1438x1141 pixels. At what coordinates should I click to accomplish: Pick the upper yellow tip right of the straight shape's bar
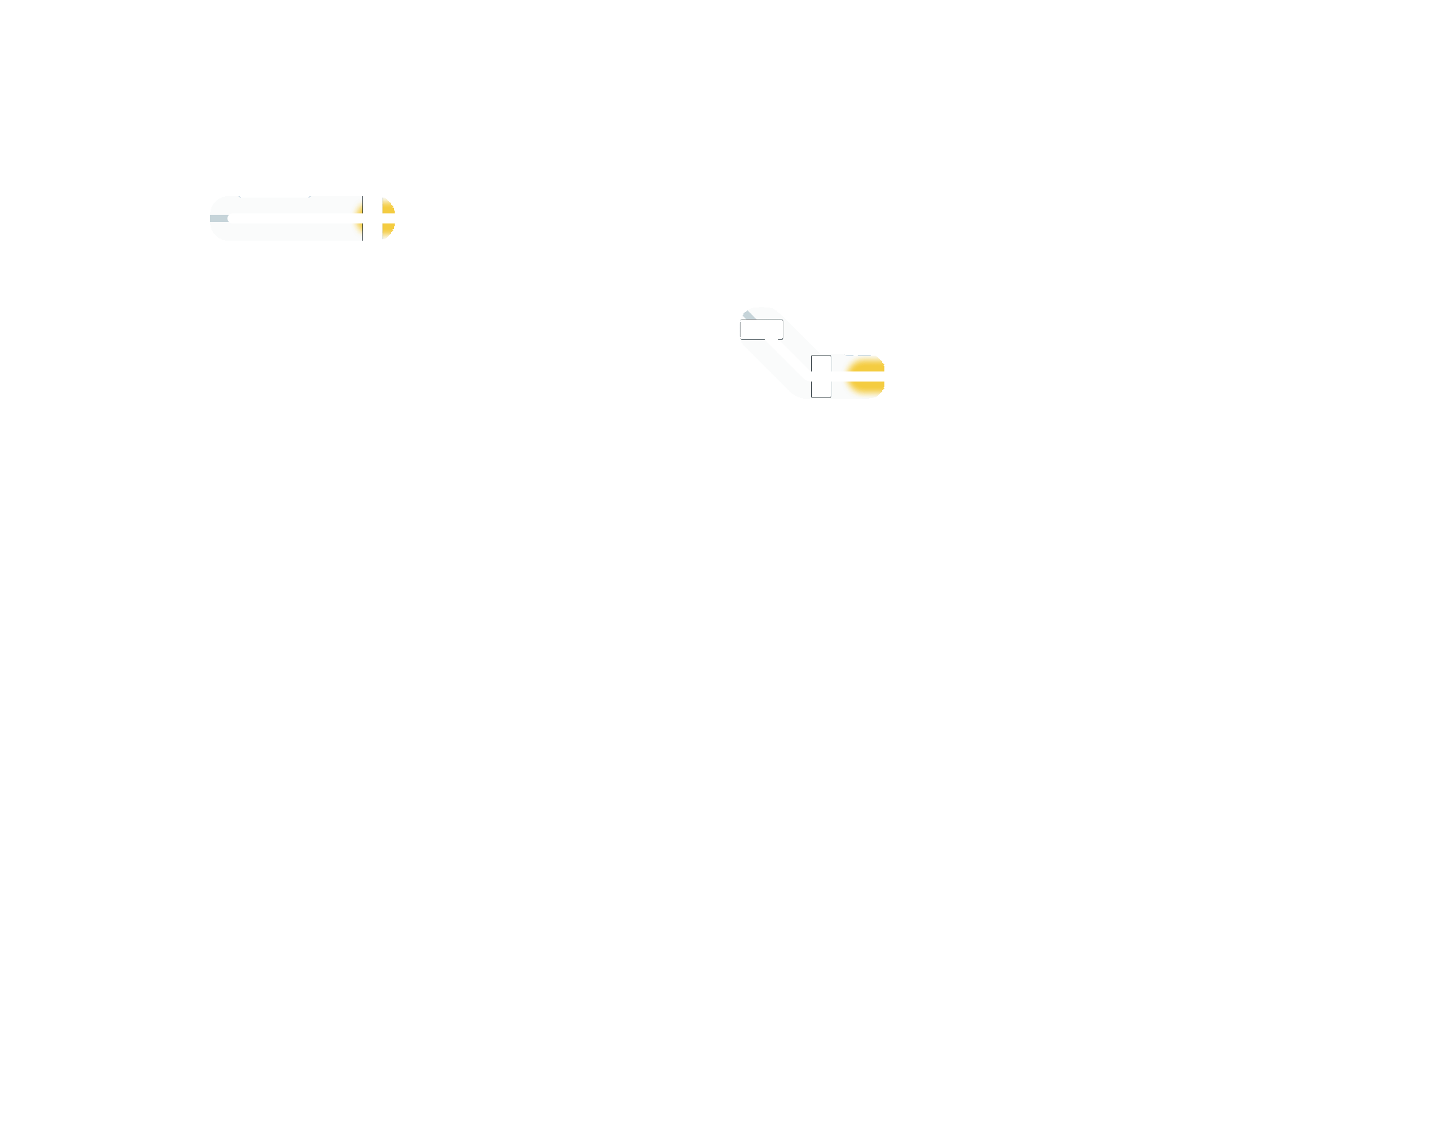coord(388,207)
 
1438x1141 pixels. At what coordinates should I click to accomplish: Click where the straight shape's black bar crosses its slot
coord(372,218)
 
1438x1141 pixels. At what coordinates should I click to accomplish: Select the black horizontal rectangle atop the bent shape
coord(761,330)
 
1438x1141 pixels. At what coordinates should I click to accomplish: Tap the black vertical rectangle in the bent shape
coord(821,377)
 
